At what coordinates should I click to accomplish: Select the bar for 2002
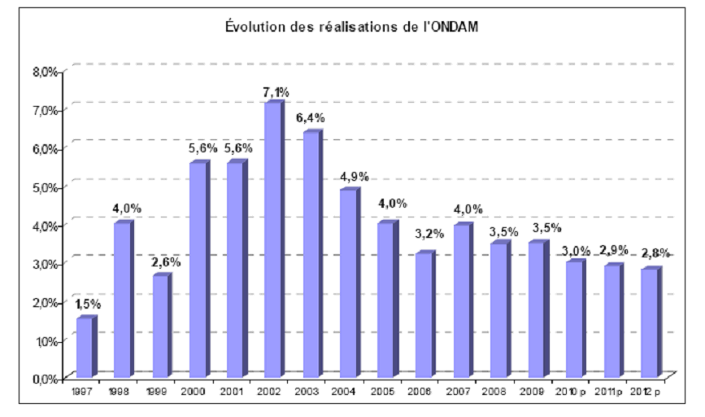(x=272, y=240)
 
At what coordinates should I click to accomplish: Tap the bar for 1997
(x=84, y=348)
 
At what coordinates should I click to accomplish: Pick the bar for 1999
(x=159, y=326)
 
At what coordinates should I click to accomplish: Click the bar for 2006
(x=422, y=315)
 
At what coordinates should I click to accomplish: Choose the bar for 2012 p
(x=648, y=323)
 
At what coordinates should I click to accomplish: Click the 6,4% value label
(x=310, y=119)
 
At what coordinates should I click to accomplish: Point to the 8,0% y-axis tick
(x=46, y=71)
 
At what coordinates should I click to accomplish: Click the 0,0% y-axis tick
(x=46, y=378)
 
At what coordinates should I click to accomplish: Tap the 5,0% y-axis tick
(x=46, y=187)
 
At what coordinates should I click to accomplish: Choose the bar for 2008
(x=498, y=309)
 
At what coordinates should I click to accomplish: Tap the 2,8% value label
(x=655, y=253)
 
